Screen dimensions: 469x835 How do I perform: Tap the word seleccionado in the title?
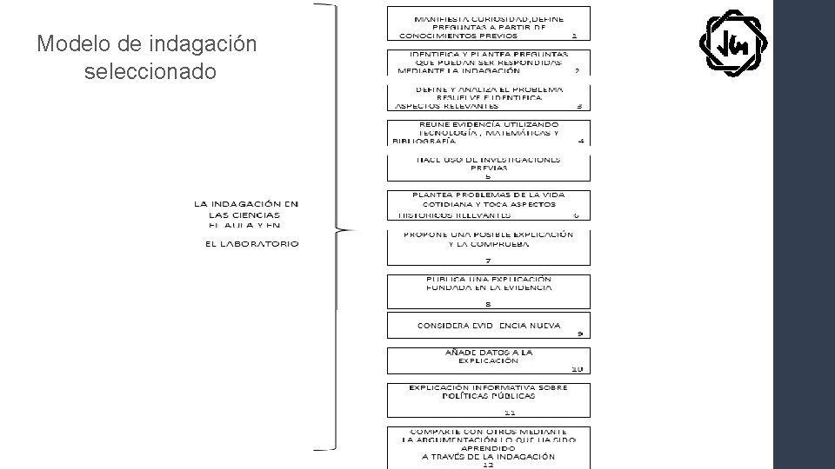(150, 71)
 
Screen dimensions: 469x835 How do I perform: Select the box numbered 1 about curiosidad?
(488, 24)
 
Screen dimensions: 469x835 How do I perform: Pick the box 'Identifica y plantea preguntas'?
(488, 63)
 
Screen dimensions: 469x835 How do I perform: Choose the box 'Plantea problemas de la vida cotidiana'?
(488, 205)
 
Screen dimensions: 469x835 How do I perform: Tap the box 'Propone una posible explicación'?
(488, 248)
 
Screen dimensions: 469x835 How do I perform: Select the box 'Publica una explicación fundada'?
(488, 291)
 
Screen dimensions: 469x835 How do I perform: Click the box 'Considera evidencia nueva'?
(488, 327)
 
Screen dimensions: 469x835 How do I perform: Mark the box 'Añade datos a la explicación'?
(488, 360)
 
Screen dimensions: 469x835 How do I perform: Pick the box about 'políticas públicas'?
(488, 398)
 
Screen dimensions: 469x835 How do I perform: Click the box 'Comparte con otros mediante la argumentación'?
(488, 446)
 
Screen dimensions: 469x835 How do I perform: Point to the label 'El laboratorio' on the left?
(251, 244)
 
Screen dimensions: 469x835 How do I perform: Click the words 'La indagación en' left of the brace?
(245, 203)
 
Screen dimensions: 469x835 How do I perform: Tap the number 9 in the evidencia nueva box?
(579, 334)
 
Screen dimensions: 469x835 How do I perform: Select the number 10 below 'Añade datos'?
(578, 369)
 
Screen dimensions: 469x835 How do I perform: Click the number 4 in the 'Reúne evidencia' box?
(581, 141)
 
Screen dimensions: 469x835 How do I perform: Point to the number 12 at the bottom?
(488, 465)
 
